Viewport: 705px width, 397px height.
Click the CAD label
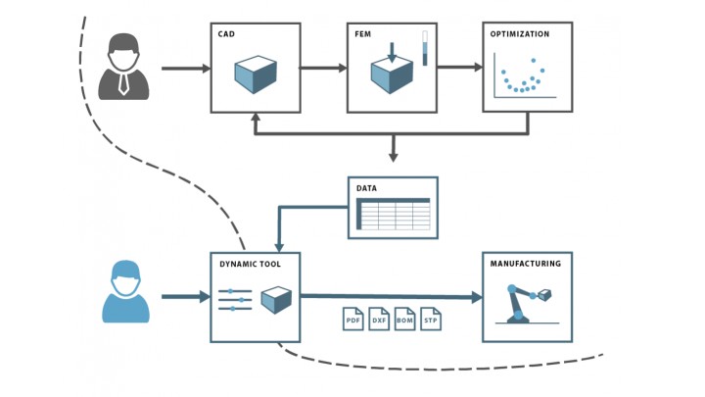(x=226, y=34)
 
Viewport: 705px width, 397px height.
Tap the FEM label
(x=362, y=34)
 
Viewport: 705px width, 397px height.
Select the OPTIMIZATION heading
(x=520, y=34)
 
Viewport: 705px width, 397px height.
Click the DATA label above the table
(x=366, y=187)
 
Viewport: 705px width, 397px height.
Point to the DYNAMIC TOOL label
(x=249, y=265)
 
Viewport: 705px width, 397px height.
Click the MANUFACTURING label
(x=526, y=264)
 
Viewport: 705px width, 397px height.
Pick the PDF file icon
(x=352, y=319)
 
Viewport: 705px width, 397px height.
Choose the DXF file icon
(x=379, y=319)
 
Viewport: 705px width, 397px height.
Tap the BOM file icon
(x=405, y=319)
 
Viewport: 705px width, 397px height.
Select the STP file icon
(x=431, y=319)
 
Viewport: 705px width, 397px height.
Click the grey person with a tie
(x=123, y=67)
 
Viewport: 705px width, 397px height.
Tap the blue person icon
(x=125, y=291)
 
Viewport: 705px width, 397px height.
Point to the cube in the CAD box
(x=255, y=74)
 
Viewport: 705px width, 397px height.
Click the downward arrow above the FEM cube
(x=392, y=51)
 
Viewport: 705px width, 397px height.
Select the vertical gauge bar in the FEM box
(x=425, y=48)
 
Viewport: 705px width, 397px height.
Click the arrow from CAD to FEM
(x=323, y=68)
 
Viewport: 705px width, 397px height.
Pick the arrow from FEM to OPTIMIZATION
(x=459, y=68)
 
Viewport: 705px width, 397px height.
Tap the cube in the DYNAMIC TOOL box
(x=276, y=299)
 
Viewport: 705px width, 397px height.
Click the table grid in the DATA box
(x=393, y=213)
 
